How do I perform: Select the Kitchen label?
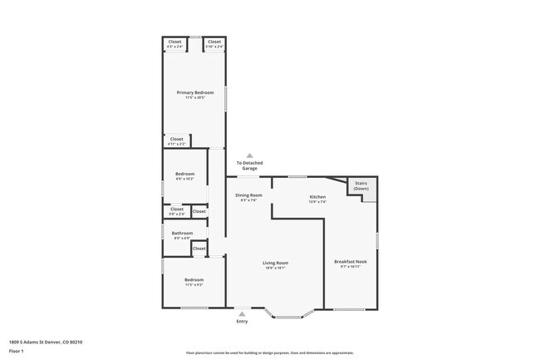click(306, 197)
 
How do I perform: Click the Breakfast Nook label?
click(350, 262)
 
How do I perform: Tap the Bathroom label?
click(182, 234)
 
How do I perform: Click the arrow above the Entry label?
click(242, 313)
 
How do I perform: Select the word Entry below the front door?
click(242, 321)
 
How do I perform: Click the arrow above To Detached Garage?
click(248, 155)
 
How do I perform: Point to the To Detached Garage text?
click(248, 165)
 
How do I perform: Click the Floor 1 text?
click(15, 351)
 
